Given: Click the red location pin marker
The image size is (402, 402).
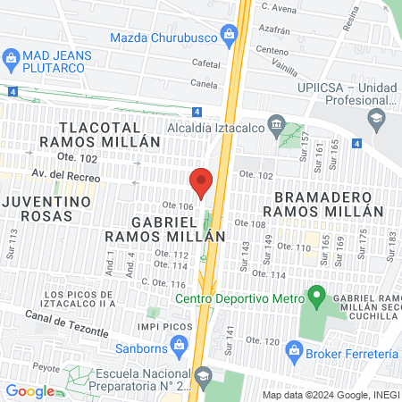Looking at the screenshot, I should [x=202, y=181].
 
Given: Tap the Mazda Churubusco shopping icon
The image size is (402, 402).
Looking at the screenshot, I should [x=230, y=37].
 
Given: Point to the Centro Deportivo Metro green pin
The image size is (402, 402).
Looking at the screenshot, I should [x=314, y=295].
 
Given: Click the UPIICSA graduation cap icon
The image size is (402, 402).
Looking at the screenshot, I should [x=376, y=118].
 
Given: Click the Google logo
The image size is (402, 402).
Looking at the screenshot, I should [x=29, y=390].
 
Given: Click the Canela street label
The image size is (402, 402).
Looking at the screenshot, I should [x=204, y=85].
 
